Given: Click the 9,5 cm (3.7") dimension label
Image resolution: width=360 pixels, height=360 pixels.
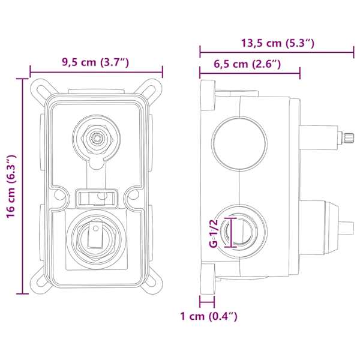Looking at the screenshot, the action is pyautogui.click(x=95, y=62).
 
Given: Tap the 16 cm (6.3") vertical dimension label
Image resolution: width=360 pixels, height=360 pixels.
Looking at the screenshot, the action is pyautogui.click(x=11, y=186).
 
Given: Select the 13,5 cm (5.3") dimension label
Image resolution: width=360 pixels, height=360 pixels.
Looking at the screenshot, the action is pyautogui.click(x=278, y=43).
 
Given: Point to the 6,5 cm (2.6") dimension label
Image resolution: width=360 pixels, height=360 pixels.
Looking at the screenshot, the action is pyautogui.click(x=247, y=64).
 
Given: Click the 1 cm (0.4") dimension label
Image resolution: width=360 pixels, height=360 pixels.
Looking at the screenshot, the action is pyautogui.click(x=209, y=316).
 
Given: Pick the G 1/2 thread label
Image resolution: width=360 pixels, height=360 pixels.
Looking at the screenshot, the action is pyautogui.click(x=214, y=233).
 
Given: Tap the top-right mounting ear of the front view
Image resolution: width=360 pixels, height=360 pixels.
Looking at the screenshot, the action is pyautogui.click(x=152, y=89).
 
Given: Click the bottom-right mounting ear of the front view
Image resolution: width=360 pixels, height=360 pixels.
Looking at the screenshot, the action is pyautogui.click(x=152, y=283).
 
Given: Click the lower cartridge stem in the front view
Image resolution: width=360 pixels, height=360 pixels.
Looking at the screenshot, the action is pyautogui.click(x=95, y=235).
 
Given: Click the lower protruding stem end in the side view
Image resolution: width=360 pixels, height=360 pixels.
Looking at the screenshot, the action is pyautogui.click(x=346, y=228).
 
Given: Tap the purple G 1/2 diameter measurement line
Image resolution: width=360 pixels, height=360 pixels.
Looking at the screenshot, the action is pyautogui.click(x=231, y=233).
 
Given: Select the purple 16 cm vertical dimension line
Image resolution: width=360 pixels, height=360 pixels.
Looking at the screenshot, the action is pyautogui.click(x=23, y=186).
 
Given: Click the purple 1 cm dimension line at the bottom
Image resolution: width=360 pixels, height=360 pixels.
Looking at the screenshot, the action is pyautogui.click(x=207, y=302).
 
